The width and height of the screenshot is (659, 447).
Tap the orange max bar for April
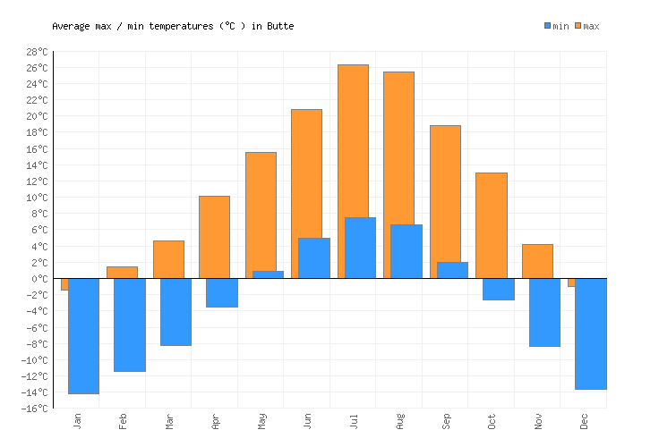[x=214, y=236]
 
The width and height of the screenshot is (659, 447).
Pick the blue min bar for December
[x=591, y=333]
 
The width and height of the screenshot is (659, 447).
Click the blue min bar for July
[x=360, y=248]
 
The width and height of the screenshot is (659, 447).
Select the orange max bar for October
[x=491, y=224]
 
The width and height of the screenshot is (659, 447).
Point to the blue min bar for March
[x=175, y=311]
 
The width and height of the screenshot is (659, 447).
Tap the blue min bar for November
[x=544, y=312]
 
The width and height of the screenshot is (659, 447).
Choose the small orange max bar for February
[x=122, y=272]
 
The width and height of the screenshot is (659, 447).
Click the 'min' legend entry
[x=556, y=26]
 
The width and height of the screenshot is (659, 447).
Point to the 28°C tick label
[x=36, y=52]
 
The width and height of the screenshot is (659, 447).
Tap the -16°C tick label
[x=33, y=409]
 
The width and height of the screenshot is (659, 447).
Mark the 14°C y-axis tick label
[x=36, y=165]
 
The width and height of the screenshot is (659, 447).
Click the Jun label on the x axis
[x=308, y=421]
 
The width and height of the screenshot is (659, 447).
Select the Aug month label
[x=400, y=421]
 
